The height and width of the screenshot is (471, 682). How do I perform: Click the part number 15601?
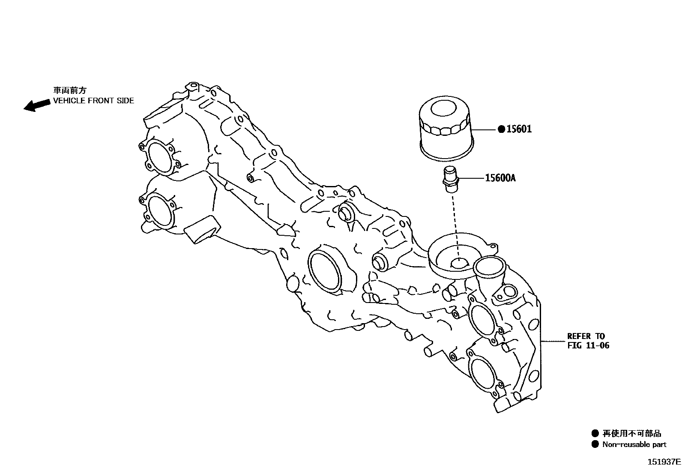click(x=519, y=129)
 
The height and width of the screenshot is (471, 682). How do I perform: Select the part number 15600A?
click(x=500, y=177)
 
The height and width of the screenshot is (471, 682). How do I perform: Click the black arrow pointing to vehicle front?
click(x=36, y=105)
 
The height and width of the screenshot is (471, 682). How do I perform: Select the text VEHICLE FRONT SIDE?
click(x=93, y=101)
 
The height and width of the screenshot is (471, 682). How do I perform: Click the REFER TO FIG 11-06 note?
click(x=588, y=341)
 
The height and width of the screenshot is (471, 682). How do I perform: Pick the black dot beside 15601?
click(x=501, y=129)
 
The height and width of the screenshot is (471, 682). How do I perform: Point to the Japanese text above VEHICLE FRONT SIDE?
click(x=70, y=90)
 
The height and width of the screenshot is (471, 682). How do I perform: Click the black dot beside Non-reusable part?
click(x=595, y=444)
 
